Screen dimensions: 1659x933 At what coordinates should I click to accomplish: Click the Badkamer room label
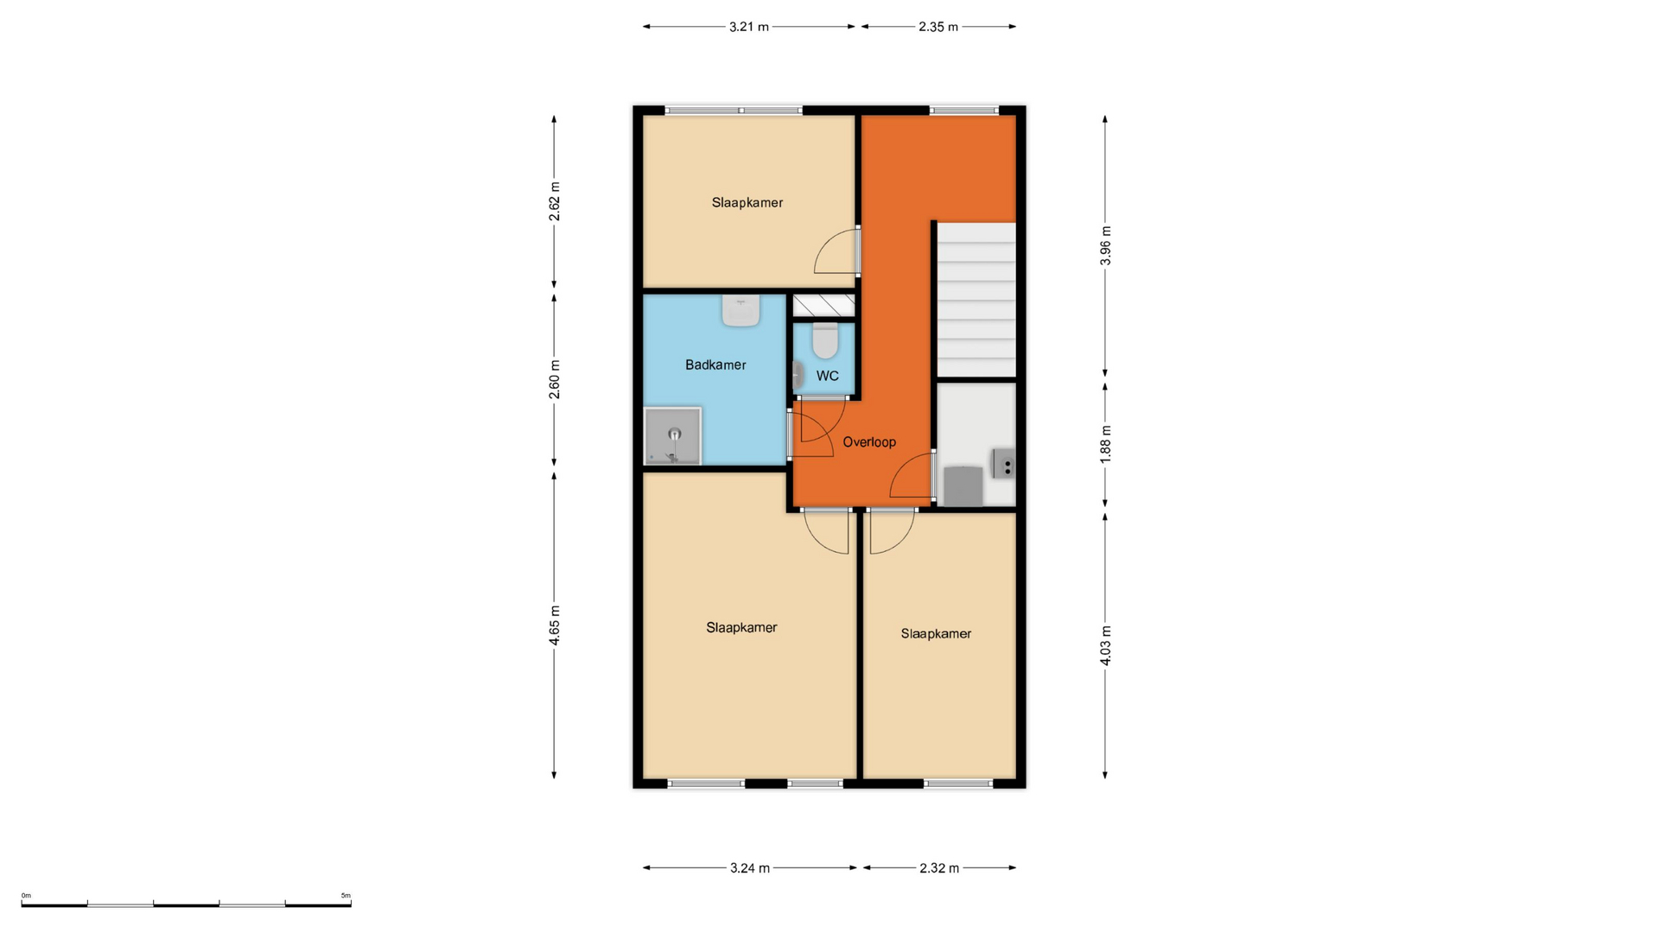pos(715,365)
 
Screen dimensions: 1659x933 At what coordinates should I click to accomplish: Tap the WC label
pos(827,376)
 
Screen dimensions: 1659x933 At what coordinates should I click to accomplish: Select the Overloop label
pos(869,441)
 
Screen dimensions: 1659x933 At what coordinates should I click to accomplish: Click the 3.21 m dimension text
pos(748,27)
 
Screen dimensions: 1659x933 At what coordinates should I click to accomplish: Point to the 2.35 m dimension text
pos(938,27)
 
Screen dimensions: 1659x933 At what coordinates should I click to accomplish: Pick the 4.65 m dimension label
pos(555,625)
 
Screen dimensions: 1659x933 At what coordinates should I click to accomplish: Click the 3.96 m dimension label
pos(1105,246)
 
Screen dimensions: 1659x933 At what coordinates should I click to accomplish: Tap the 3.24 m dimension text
pos(749,868)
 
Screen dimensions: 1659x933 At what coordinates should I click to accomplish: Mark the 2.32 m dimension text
pos(938,868)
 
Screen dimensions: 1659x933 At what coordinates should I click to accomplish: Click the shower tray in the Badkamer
pos(672,436)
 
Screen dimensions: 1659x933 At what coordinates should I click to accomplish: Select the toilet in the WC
pos(825,340)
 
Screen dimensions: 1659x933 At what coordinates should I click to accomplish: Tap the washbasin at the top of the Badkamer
pos(741,310)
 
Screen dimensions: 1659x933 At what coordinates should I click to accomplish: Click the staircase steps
pos(976,300)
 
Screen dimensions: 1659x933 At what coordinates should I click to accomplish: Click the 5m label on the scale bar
pos(346,896)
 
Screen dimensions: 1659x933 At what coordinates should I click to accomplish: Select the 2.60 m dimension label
pos(555,380)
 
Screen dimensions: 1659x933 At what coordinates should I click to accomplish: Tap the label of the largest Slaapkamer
pos(741,627)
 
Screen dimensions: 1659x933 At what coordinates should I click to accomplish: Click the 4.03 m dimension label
pos(1105,645)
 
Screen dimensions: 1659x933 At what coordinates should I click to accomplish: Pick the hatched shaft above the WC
pos(824,305)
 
